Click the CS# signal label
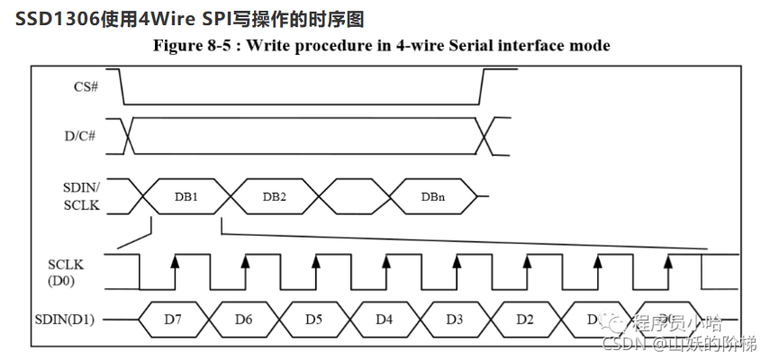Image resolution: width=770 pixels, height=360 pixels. tap(86, 87)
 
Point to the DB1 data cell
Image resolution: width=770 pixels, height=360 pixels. tap(186, 195)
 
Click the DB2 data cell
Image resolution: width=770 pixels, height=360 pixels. tap(275, 195)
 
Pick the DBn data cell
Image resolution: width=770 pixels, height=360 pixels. tap(433, 195)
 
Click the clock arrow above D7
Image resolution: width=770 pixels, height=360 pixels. tap(175, 262)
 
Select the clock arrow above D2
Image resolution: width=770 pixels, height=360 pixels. tap(527, 262)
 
